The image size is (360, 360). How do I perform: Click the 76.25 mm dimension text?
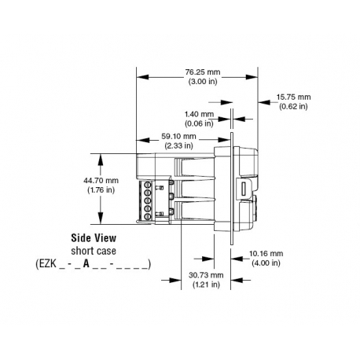[x=203, y=72]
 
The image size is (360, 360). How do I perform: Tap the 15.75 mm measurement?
[x=292, y=97]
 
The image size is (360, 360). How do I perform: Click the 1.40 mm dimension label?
[x=200, y=115]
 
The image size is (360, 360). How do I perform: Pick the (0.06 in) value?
[x=200, y=124]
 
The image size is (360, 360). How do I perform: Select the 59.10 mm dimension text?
[x=178, y=135]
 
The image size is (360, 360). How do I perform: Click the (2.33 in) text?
[x=178, y=145]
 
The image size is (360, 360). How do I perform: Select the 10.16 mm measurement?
[x=266, y=253]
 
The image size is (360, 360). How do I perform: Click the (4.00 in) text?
[x=266, y=263]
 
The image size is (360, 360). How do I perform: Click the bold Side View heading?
[x=94, y=237]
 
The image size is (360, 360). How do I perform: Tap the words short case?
[x=94, y=250]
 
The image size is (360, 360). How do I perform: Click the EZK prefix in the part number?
[x=50, y=263]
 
